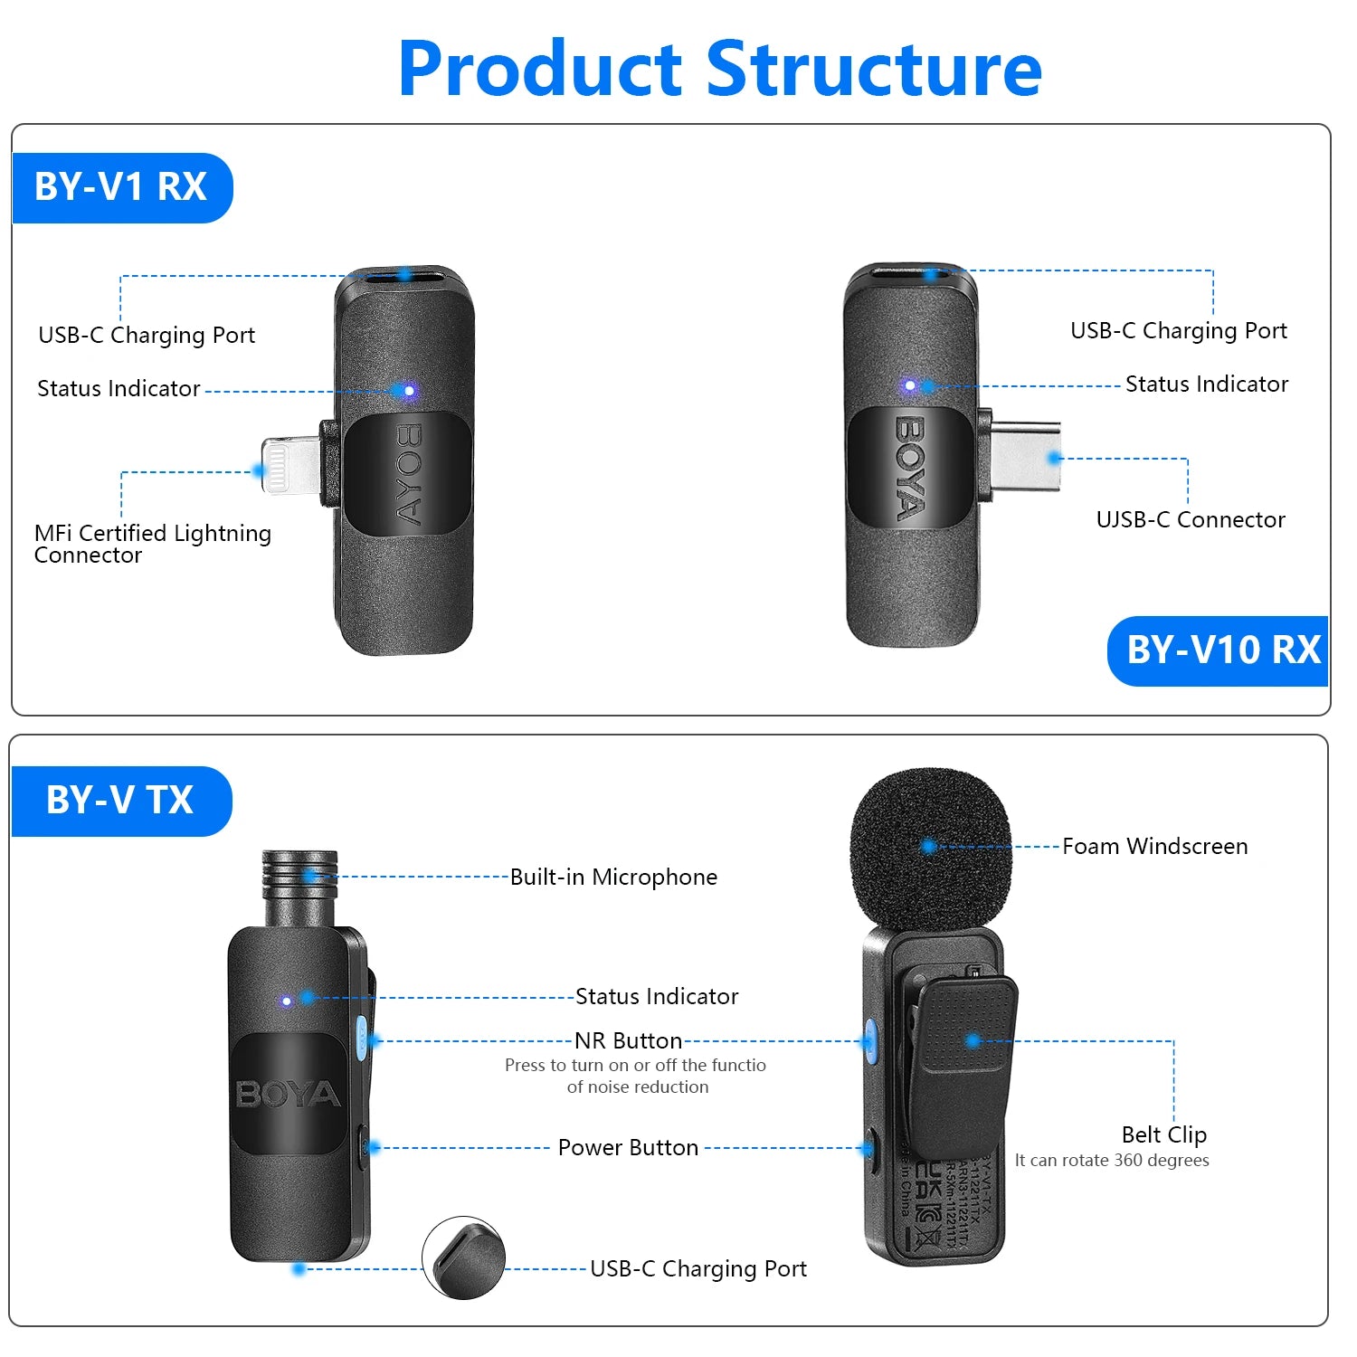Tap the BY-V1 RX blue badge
pyautogui.click(x=121, y=187)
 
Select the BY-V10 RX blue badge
pyautogui.click(x=1221, y=650)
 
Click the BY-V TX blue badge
pyautogui.click(x=120, y=801)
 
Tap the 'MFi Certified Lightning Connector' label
pyautogui.click(x=152, y=544)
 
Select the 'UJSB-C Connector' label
pyautogui.click(x=1190, y=520)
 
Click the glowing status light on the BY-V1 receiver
pyautogui.click(x=409, y=391)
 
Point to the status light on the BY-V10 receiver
pyautogui.click(x=910, y=386)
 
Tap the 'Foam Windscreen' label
pyautogui.click(x=1154, y=847)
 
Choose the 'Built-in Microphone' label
pyautogui.click(x=613, y=878)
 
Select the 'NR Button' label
pyautogui.click(x=628, y=1041)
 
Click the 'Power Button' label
pyautogui.click(x=628, y=1148)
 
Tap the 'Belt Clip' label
pyautogui.click(x=1163, y=1134)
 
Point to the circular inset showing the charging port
pyautogui.click(x=463, y=1257)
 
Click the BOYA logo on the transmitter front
pyautogui.click(x=288, y=1095)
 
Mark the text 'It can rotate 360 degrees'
pyautogui.click(x=1111, y=1161)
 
